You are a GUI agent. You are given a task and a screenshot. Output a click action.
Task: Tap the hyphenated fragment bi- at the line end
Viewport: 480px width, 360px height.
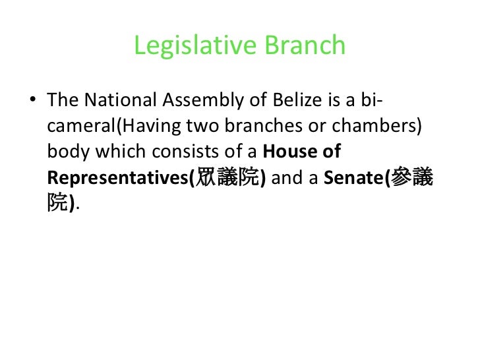pos(373,101)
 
